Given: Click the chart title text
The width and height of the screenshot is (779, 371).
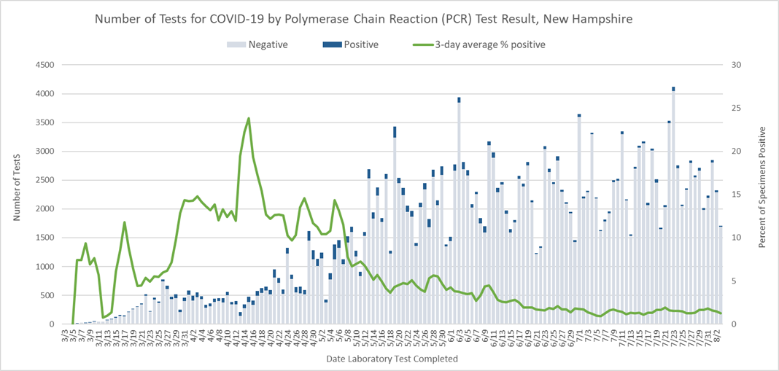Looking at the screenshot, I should (x=363, y=17).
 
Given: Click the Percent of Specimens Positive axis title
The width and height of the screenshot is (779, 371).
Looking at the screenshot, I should (x=762, y=187).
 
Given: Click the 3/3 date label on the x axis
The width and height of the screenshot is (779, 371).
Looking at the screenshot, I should (x=66, y=336).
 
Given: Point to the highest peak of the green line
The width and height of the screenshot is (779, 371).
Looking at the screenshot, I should (x=249, y=118).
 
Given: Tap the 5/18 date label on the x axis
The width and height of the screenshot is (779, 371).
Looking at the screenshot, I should (x=391, y=337).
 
